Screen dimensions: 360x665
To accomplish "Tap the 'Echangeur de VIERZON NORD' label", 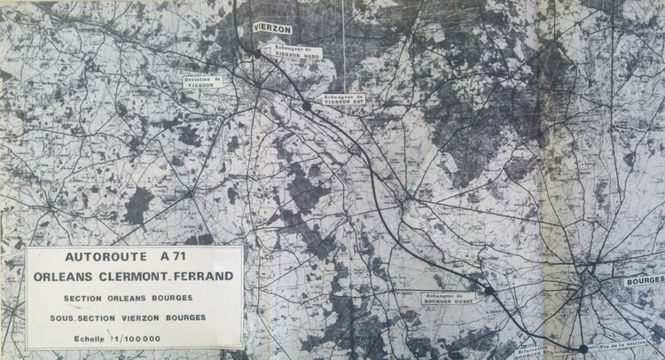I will tap(298, 51).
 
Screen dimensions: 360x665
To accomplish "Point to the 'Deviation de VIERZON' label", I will tap(204, 82).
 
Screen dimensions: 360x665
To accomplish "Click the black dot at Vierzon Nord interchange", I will tap(257, 54).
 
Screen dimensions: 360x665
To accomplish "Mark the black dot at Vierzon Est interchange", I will tap(307, 106).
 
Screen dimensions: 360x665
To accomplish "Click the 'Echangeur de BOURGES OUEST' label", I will tap(450, 299).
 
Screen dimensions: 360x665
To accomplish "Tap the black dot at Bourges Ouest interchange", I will tap(489, 290).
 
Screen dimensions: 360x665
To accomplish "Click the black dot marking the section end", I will tap(583, 348).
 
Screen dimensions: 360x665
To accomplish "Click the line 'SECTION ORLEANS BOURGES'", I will tap(134, 299).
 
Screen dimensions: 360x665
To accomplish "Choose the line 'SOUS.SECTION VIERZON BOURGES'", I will tap(134, 317).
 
